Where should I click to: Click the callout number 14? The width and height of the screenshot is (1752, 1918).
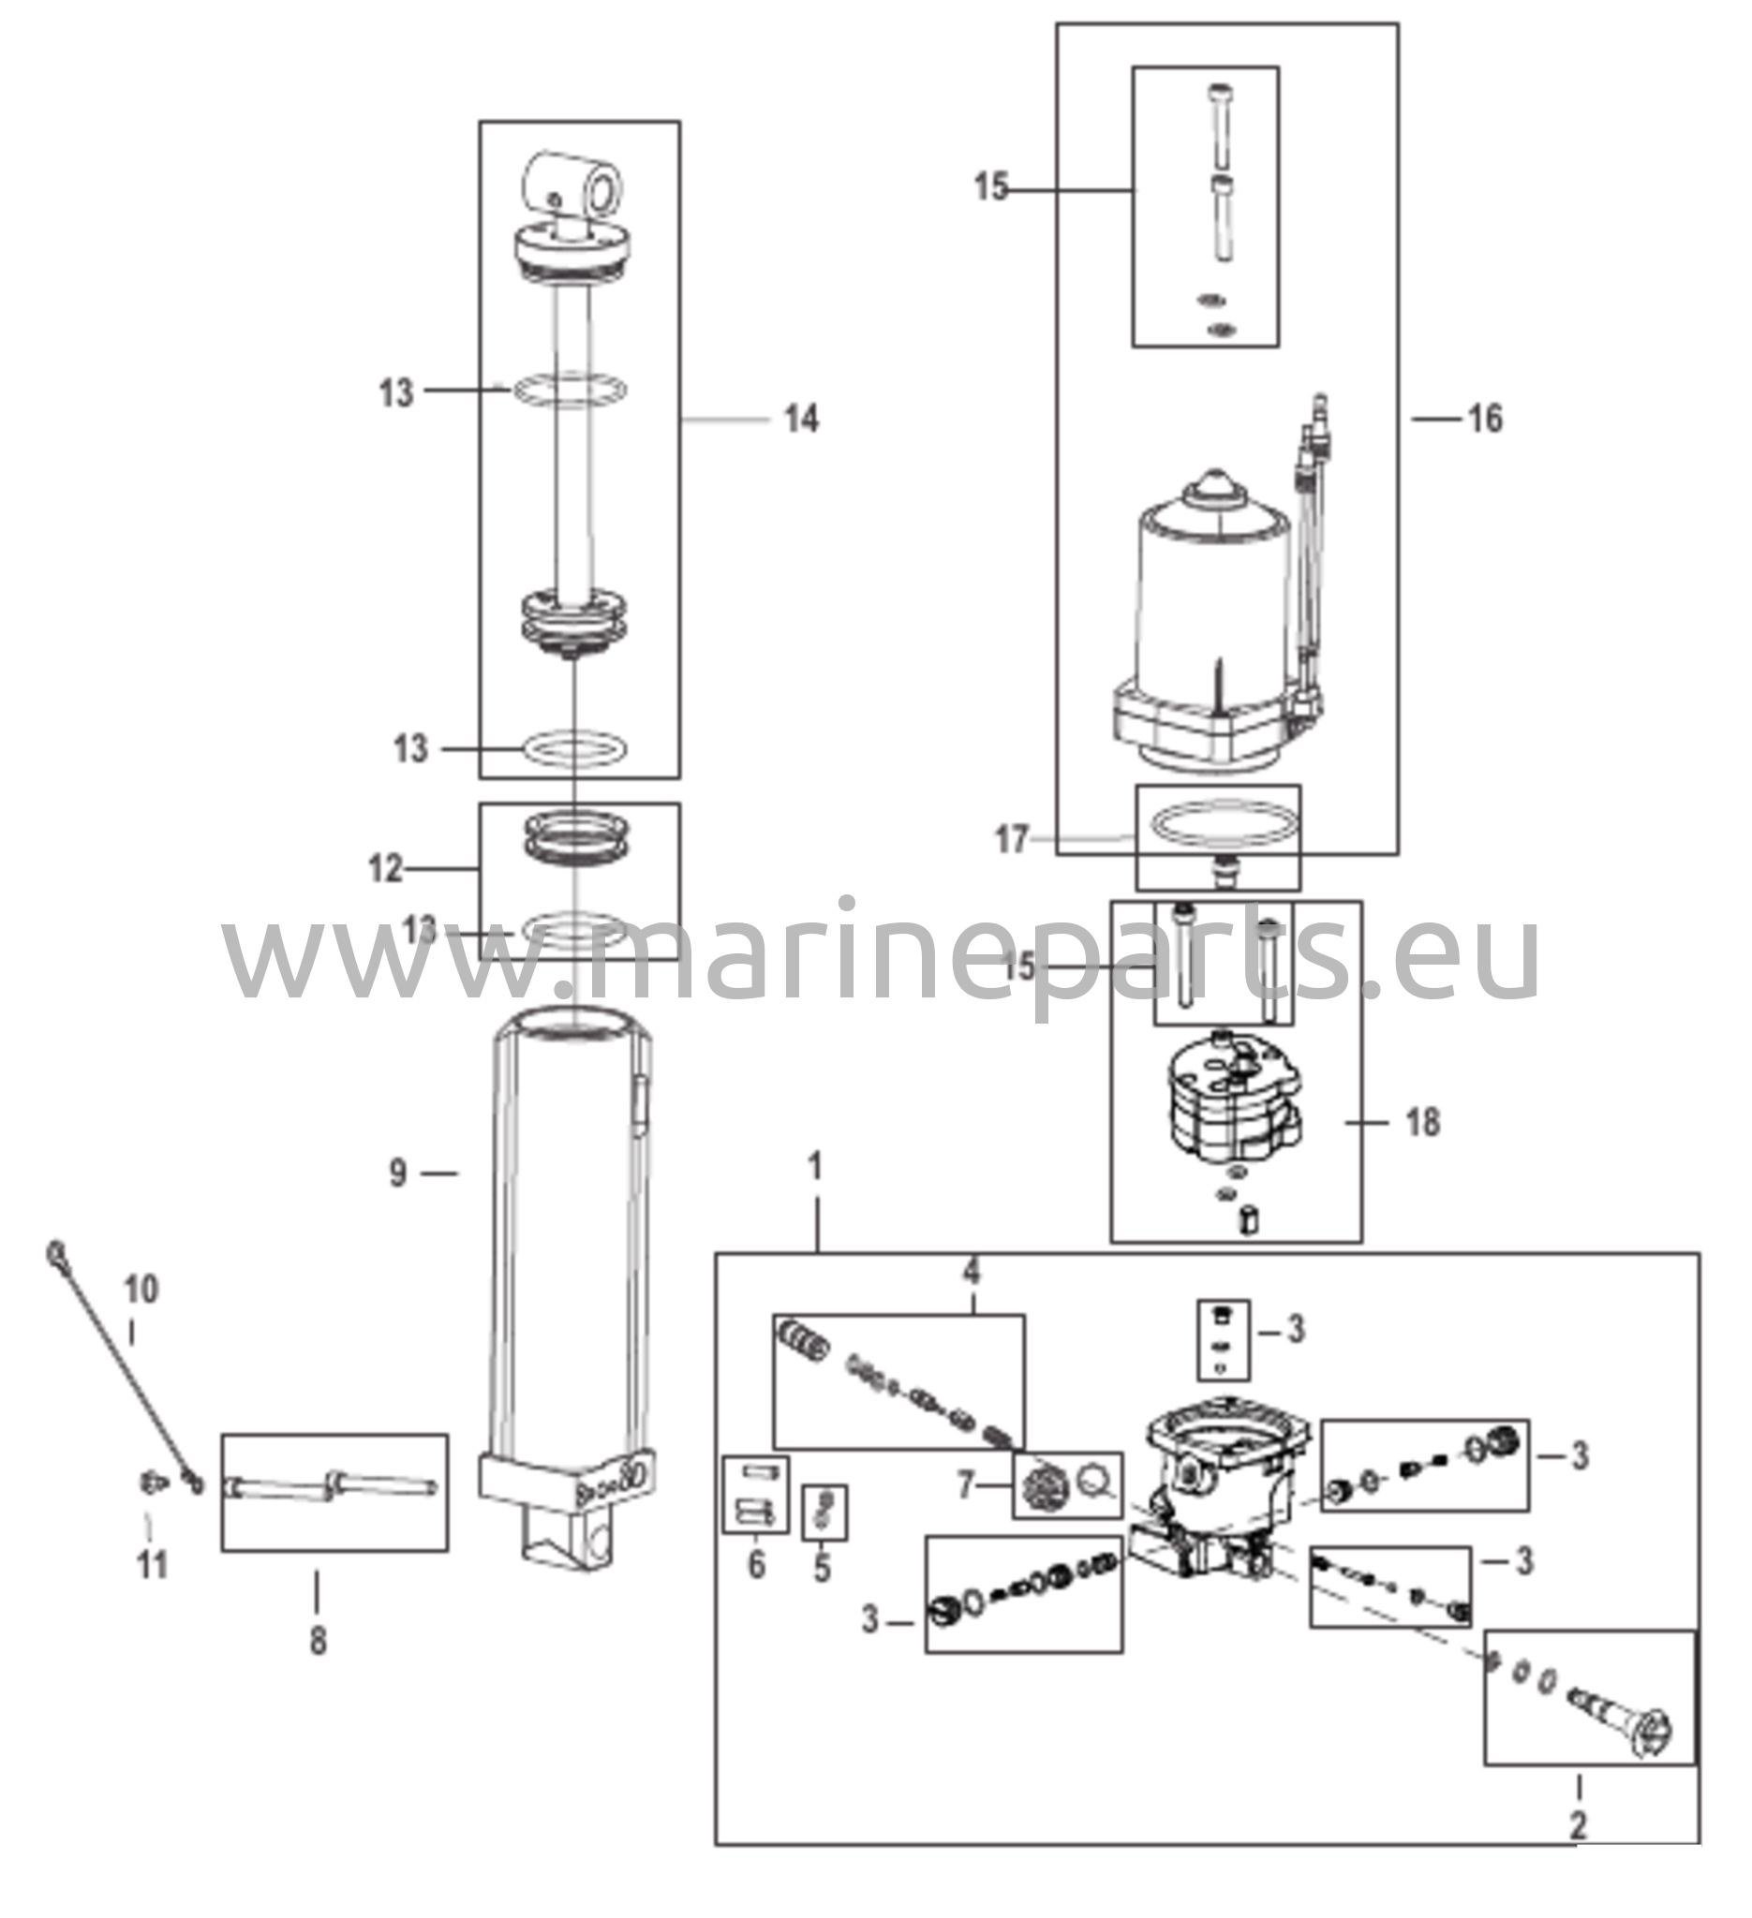(800, 419)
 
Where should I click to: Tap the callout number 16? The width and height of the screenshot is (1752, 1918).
(1486, 419)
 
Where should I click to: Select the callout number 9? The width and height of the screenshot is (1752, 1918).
(398, 1174)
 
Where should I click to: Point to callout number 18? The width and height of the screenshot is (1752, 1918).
(1423, 1124)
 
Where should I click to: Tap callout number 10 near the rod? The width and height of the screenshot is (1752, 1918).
(141, 1291)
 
